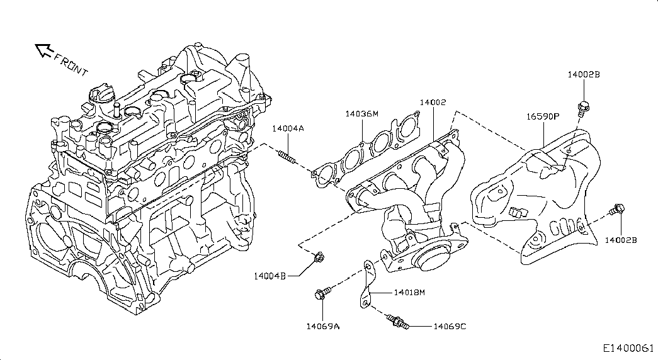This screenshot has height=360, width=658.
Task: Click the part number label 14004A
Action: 288,128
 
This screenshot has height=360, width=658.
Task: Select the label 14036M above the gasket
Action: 361,114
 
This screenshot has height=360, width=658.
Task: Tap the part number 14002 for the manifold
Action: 433,102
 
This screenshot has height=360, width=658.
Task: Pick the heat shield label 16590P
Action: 543,116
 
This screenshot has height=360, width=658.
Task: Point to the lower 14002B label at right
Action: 621,240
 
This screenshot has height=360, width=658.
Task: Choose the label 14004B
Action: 271,276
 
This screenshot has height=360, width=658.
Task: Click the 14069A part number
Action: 322,326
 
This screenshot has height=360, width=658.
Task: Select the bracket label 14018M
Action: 410,293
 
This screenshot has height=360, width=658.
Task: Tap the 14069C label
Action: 450,326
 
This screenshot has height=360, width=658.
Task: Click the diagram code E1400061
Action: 628,348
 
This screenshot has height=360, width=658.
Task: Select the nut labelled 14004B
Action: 319,257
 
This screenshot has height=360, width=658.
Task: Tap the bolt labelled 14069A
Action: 322,294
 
